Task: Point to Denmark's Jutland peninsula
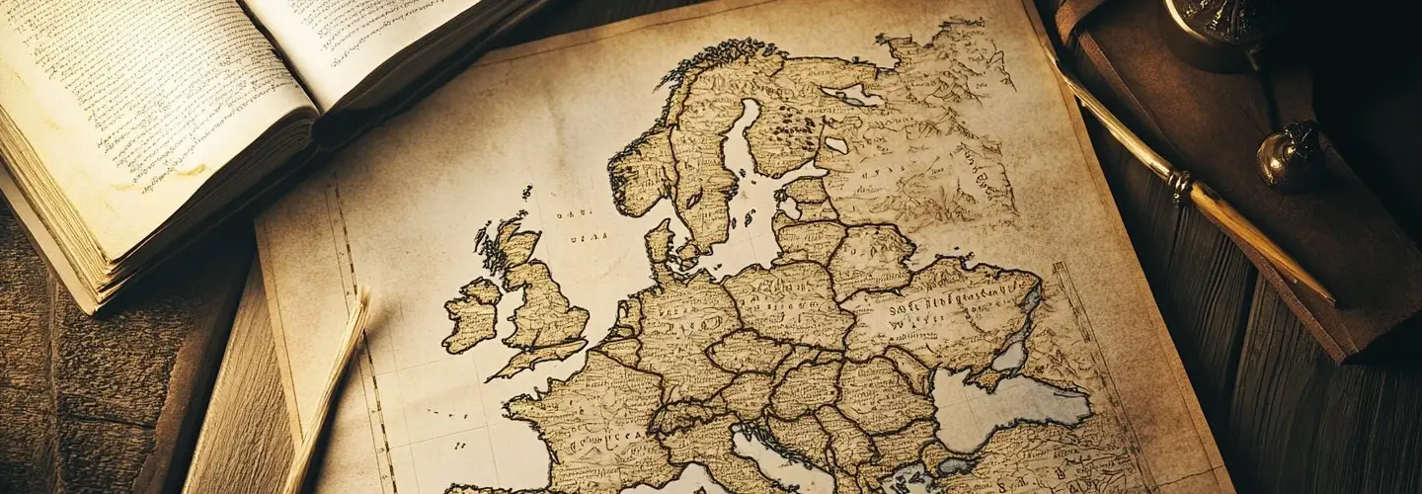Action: (x=659, y=242)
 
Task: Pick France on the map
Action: (x=592, y=425)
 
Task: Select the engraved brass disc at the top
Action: (x=1215, y=20)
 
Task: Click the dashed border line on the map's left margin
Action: (x=360, y=326)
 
